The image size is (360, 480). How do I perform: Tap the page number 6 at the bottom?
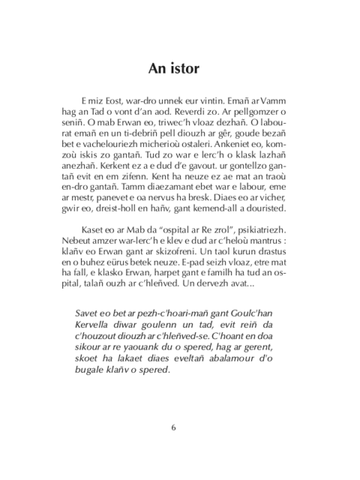click(173, 428)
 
